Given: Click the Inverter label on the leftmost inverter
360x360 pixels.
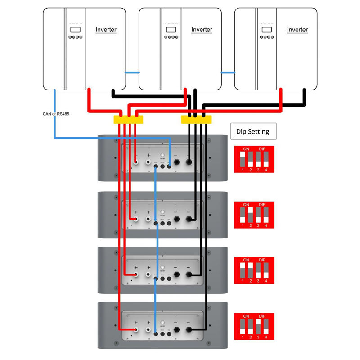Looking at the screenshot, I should pos(106,30).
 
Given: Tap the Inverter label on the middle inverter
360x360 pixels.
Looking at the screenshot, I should pos(202,30).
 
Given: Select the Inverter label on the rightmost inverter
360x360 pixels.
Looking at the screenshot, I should pos(297,30).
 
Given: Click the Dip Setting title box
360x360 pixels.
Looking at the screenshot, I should pos(253,132).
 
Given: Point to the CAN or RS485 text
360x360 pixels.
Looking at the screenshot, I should pos(53,114).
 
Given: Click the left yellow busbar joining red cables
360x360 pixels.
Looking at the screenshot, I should pos(128,120).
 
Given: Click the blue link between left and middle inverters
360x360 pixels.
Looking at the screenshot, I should pos(132,72).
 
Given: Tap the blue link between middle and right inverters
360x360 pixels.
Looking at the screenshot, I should pos(228,72).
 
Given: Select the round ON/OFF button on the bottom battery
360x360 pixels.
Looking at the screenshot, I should pos(162,323).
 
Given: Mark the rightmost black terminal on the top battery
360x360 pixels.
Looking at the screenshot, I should pos(189,166).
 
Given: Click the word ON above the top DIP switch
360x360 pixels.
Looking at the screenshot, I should pos(246,148).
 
